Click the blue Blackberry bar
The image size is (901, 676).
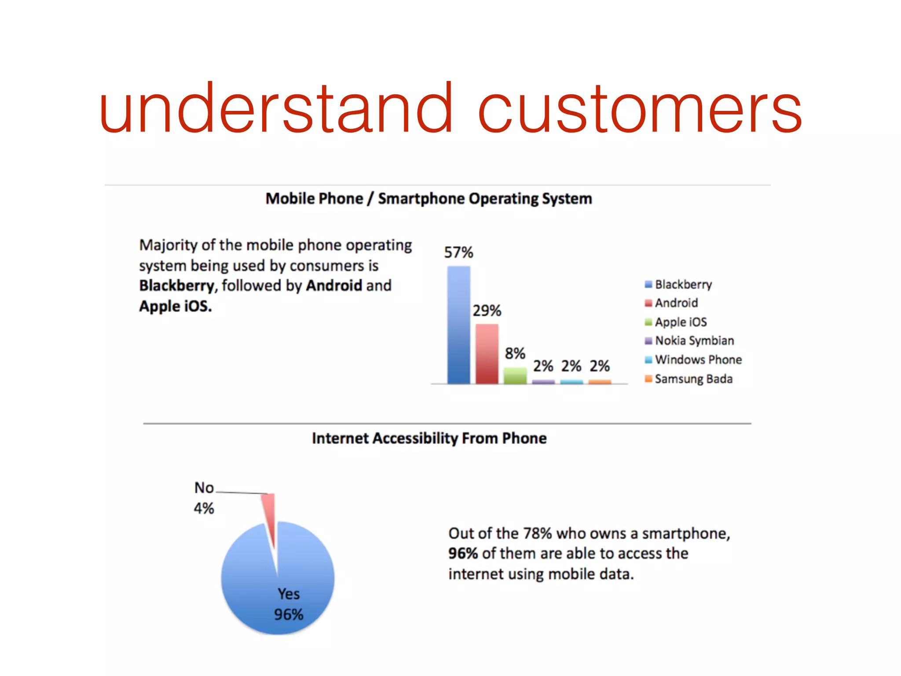458,326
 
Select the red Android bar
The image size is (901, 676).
487,354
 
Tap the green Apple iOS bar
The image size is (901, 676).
515,376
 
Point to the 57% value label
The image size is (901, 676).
458,253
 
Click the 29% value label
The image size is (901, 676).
487,311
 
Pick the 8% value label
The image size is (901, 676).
515,353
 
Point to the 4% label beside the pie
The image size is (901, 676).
204,509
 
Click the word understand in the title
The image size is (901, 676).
275,109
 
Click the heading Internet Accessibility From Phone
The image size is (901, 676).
429,438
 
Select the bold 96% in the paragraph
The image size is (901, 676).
463,554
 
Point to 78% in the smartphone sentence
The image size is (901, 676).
537,533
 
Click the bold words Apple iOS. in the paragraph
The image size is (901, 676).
175,306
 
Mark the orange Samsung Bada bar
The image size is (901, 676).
600,382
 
